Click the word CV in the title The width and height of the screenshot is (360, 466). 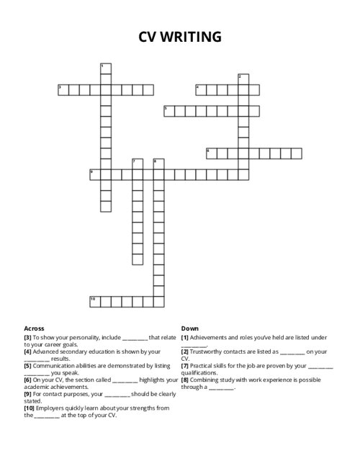(x=149, y=37)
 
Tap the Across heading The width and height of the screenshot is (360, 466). (x=34, y=328)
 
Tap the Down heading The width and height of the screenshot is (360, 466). (x=189, y=328)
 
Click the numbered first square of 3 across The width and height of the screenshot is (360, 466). (x=63, y=90)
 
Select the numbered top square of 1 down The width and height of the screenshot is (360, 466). (x=106, y=68)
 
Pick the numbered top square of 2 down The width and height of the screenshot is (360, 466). (x=243, y=79)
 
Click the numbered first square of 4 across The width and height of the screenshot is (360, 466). (x=201, y=90)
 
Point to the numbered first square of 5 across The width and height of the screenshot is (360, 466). (x=169, y=111)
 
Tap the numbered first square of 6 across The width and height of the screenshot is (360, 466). (x=212, y=153)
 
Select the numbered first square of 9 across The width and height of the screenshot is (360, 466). (x=95, y=174)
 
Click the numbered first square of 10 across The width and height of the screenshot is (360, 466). (x=95, y=301)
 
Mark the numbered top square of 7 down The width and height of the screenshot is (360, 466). (x=138, y=163)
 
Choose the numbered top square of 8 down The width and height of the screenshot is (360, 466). (x=158, y=163)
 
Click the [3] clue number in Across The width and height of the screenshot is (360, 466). (x=27, y=337)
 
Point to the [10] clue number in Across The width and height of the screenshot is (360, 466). (x=29, y=408)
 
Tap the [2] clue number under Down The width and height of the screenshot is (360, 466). (x=185, y=351)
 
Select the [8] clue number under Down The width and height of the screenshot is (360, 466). (x=185, y=380)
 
